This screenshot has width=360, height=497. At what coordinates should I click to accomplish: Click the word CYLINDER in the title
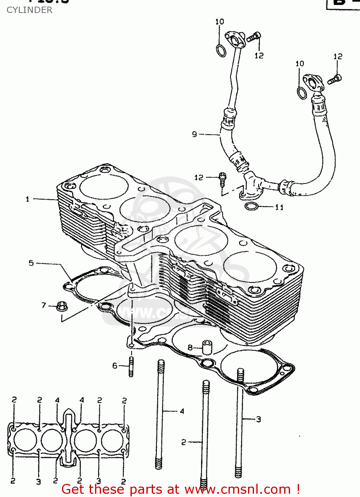[29, 10]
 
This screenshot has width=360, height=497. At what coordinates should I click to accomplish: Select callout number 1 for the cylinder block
[27, 199]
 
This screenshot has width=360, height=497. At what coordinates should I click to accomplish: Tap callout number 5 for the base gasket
[31, 263]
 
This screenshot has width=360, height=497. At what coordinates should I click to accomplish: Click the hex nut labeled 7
[61, 306]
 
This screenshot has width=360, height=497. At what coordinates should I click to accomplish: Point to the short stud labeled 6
[131, 366]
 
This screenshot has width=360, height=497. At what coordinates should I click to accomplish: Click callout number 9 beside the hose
[194, 134]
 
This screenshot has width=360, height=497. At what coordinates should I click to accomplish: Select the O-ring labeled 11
[252, 206]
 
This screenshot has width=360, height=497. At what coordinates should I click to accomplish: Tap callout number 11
[279, 207]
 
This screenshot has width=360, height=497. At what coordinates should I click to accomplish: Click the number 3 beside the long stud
[258, 419]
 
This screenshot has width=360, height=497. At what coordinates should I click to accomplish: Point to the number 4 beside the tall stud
[182, 411]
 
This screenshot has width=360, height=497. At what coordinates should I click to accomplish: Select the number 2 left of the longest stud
[184, 442]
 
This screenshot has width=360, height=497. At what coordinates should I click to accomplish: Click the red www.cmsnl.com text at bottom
[237, 489]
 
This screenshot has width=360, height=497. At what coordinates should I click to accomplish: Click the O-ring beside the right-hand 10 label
[302, 93]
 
